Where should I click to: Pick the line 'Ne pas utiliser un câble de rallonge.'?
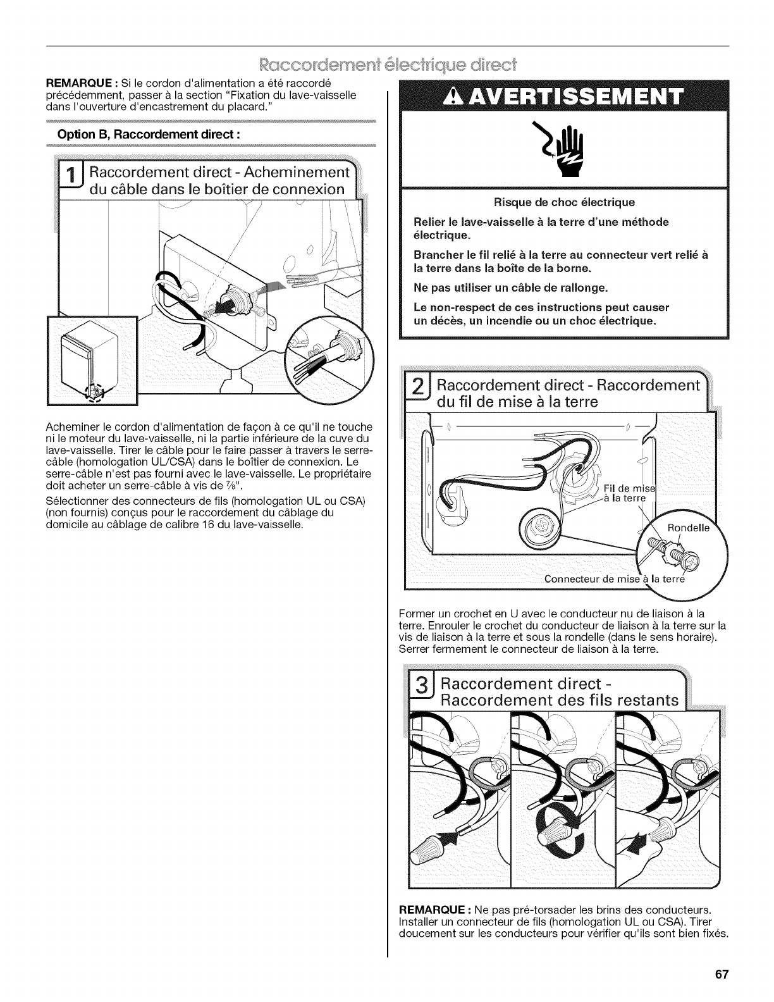pos(510,288)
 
